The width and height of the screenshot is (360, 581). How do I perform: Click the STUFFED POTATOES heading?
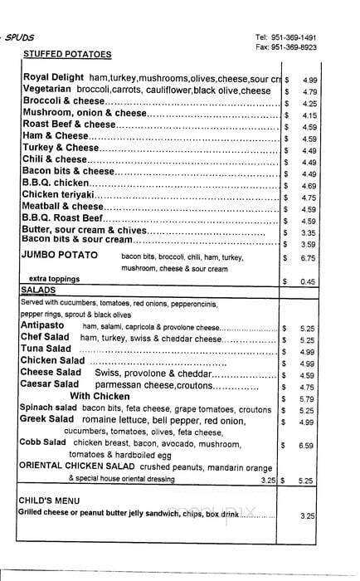pyautogui.click(x=67, y=54)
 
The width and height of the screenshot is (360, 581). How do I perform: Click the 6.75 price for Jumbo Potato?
pyautogui.click(x=309, y=258)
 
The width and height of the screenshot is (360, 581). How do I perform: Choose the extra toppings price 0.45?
pyautogui.click(x=309, y=281)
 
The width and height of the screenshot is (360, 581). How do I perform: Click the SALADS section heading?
pyautogui.click(x=38, y=290)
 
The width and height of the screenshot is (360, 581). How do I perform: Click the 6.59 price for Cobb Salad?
pyautogui.click(x=309, y=446)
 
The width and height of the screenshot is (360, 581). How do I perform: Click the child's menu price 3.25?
pyautogui.click(x=309, y=515)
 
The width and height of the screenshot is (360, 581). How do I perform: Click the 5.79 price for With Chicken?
pyautogui.click(x=309, y=398)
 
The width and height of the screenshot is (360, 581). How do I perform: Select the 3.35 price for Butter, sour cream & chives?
pyautogui.click(x=309, y=233)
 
